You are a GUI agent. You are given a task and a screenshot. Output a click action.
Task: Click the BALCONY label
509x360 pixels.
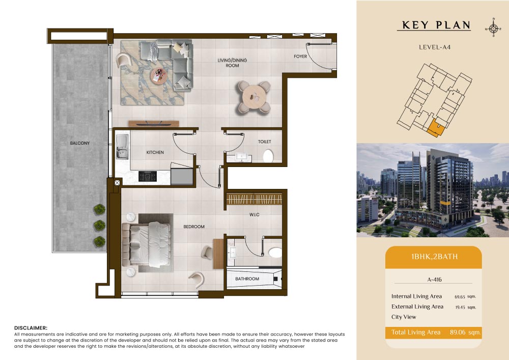(x=79, y=143)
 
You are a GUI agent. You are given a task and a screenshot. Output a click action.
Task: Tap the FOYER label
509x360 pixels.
(x=300, y=57)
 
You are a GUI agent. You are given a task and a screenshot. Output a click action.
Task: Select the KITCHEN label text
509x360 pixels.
(x=155, y=152)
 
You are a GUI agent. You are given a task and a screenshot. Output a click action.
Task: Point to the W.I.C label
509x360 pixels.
(x=254, y=214)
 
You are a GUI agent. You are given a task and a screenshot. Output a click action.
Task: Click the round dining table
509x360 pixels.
(x=254, y=96)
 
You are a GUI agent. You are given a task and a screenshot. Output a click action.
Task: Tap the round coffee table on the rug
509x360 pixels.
(x=159, y=76)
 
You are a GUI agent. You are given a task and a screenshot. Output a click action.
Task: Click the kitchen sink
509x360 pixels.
(x=122, y=147)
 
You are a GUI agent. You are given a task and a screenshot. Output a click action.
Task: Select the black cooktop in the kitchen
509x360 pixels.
(x=148, y=176)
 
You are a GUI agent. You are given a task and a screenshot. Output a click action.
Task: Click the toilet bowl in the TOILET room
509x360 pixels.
(x=268, y=156)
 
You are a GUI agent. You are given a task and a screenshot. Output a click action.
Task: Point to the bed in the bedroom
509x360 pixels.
(x=147, y=244)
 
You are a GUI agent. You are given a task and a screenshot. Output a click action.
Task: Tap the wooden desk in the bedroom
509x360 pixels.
(x=218, y=254)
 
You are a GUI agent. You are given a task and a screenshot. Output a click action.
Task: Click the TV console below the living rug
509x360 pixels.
(x=154, y=124)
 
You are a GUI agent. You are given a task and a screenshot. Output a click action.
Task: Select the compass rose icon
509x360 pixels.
(x=493, y=29)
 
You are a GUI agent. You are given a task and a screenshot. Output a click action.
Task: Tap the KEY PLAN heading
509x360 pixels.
(x=436, y=25)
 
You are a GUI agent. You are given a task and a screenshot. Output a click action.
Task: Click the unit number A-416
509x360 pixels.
(x=434, y=280)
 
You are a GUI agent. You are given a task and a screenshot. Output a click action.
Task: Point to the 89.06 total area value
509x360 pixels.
(x=458, y=333)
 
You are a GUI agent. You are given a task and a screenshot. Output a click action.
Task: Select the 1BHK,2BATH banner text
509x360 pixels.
(x=434, y=257)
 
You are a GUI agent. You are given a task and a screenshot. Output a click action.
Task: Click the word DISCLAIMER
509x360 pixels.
(x=31, y=328)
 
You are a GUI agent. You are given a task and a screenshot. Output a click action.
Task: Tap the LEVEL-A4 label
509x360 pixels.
(x=435, y=47)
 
